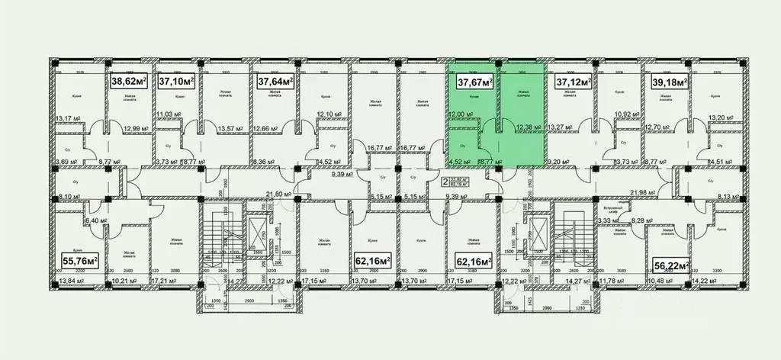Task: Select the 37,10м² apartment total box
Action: tap(176, 80)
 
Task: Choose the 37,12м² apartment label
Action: tap(574, 80)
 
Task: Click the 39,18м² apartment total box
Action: tap(670, 80)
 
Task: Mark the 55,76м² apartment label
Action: tap(79, 262)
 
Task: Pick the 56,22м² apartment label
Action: tap(671, 265)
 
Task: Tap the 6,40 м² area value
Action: tap(95, 220)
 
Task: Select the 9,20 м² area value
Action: tap(562, 161)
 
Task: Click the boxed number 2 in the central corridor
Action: tap(445, 182)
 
